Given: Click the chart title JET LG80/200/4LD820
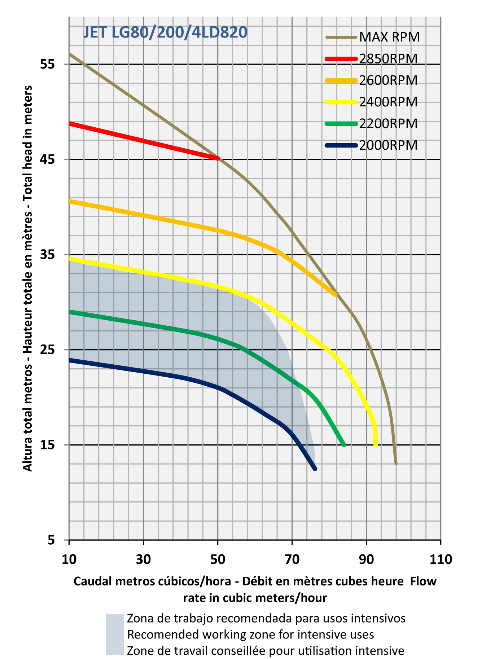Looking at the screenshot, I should click(x=165, y=32).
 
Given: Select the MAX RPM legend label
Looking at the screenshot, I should click(x=389, y=37).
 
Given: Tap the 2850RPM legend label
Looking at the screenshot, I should click(x=388, y=58).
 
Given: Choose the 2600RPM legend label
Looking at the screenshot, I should click(x=388, y=80).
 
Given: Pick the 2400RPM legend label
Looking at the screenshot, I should click(x=388, y=102).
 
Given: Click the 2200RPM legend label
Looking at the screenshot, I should click(x=388, y=123).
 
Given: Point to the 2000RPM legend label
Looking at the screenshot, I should click(x=388, y=145).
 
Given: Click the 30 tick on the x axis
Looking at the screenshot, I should click(x=143, y=559).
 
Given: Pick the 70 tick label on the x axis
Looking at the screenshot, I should click(x=292, y=559).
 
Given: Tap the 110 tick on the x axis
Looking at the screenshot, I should click(x=441, y=559).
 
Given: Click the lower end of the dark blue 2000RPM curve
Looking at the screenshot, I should click(x=315, y=468).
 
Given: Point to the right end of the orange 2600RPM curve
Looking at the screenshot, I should click(x=335, y=295).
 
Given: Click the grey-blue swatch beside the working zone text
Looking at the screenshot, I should click(x=115, y=634).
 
